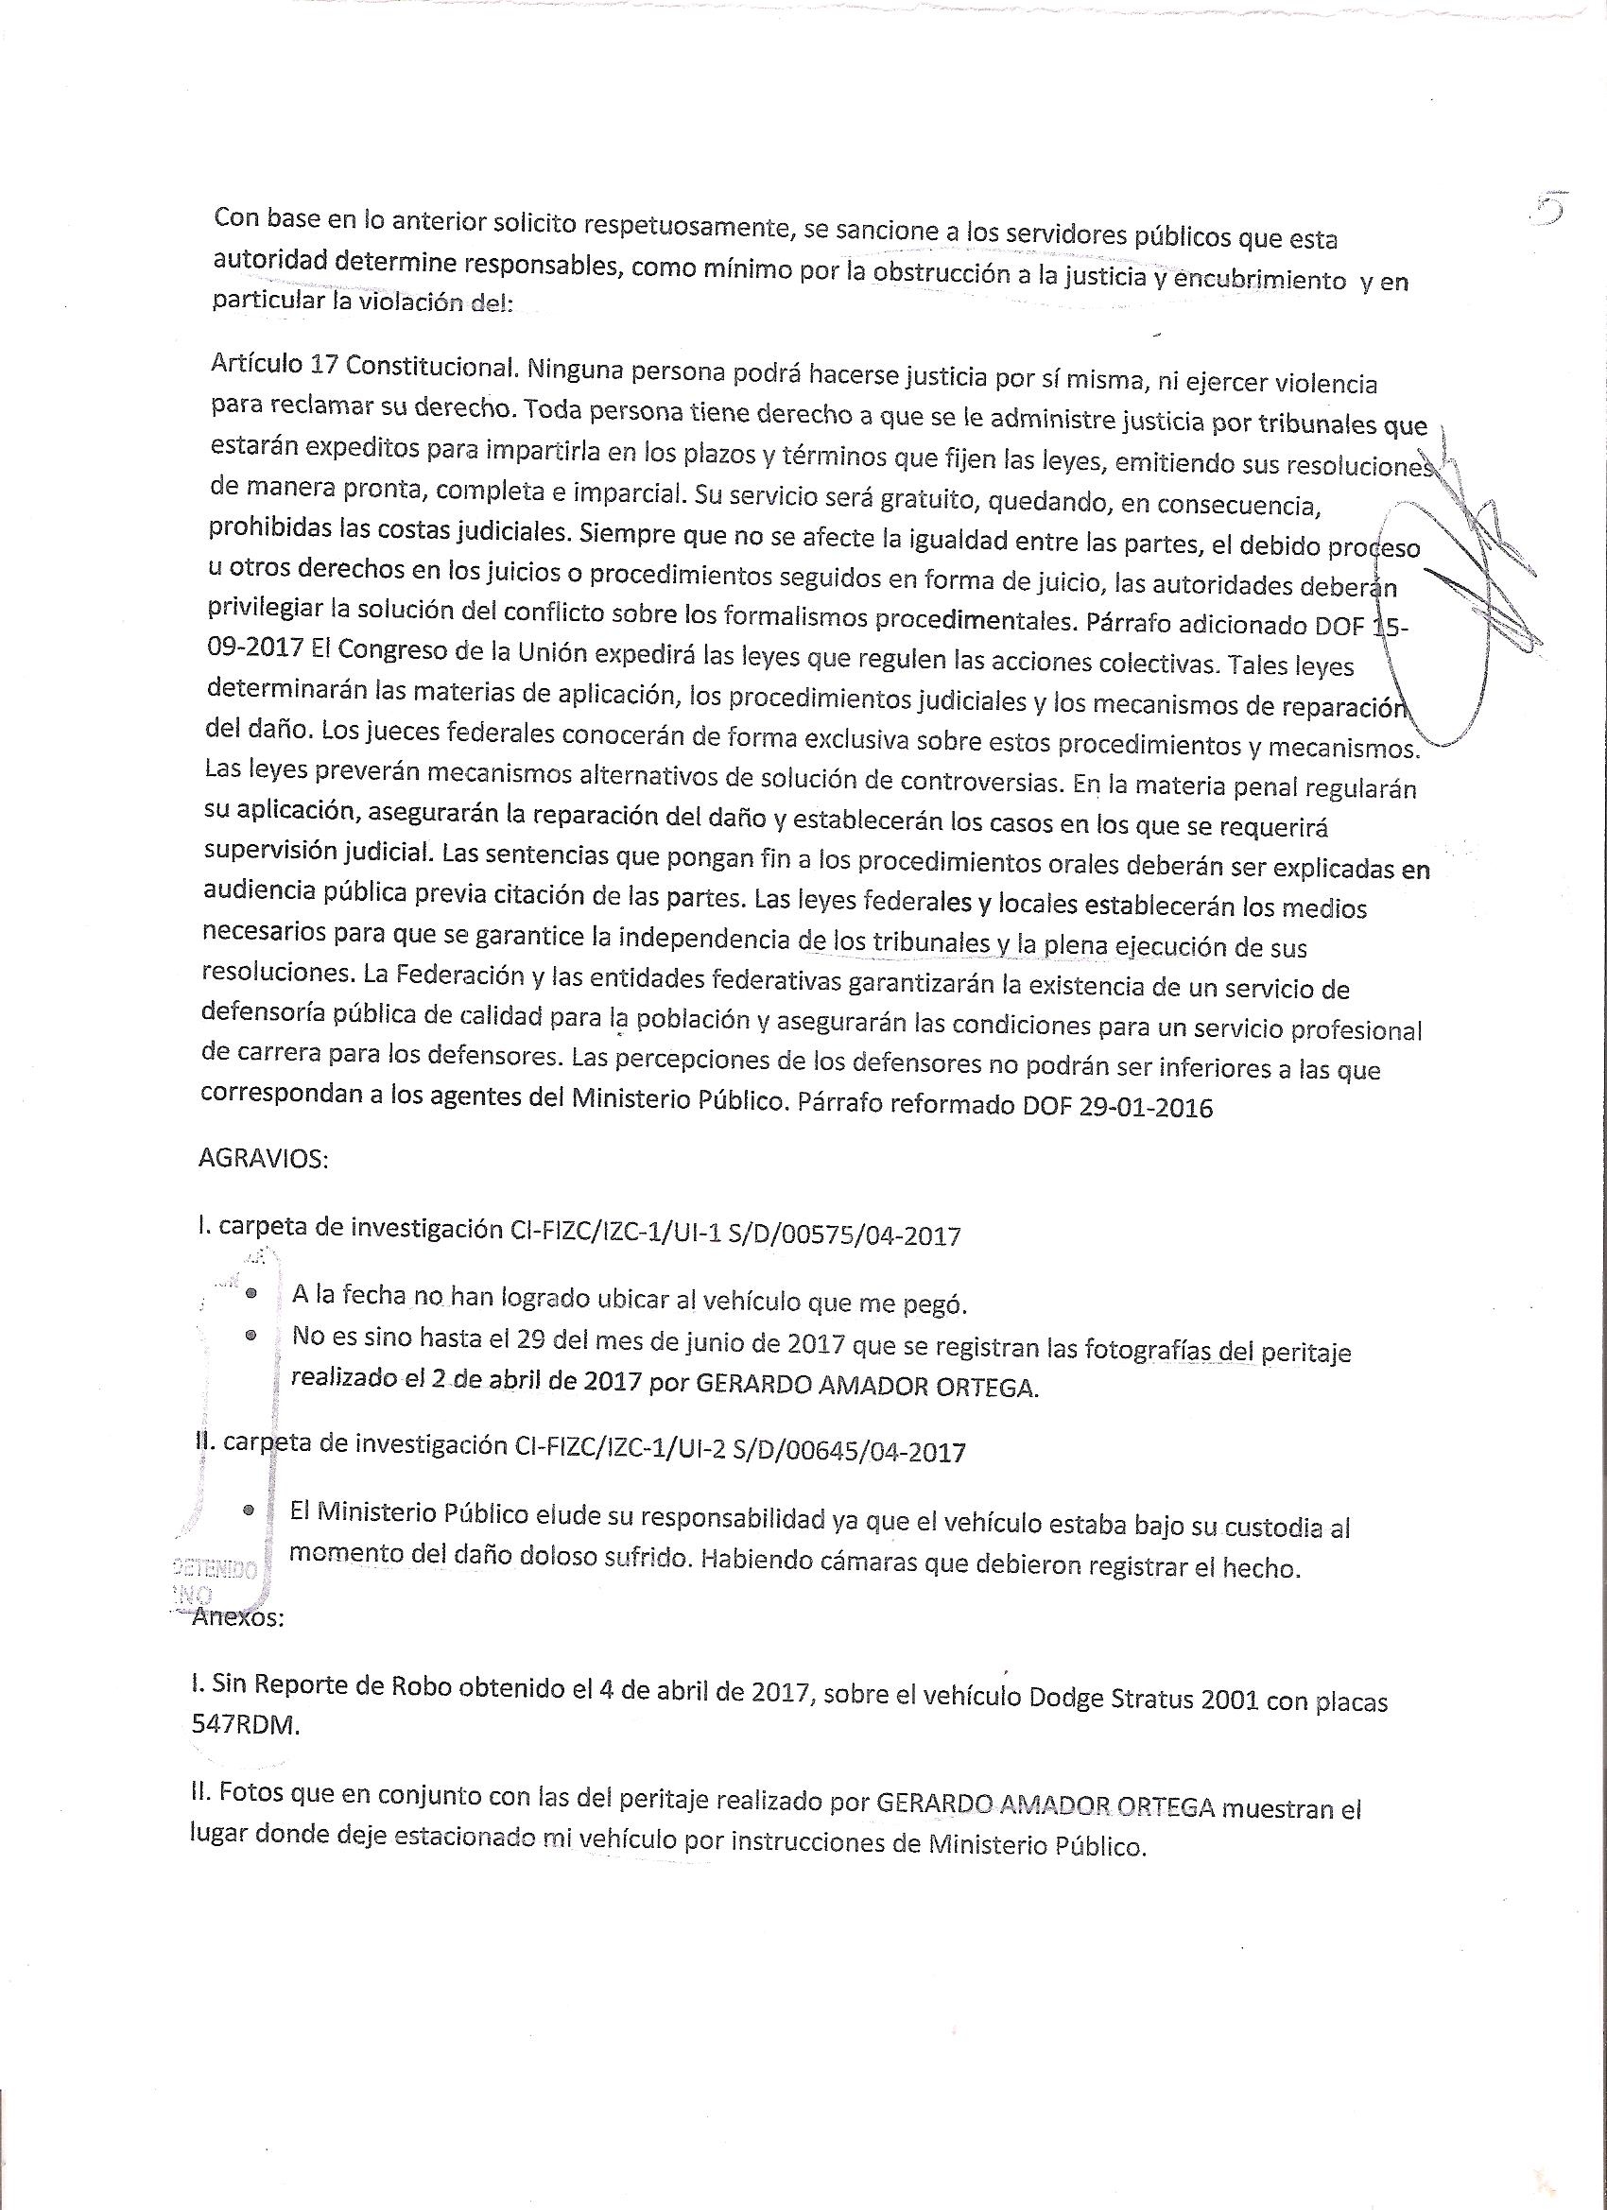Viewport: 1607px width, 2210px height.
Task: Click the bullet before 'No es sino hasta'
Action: pyautogui.click(x=251, y=1336)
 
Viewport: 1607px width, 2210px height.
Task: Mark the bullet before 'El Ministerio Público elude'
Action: pyautogui.click(x=250, y=1511)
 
